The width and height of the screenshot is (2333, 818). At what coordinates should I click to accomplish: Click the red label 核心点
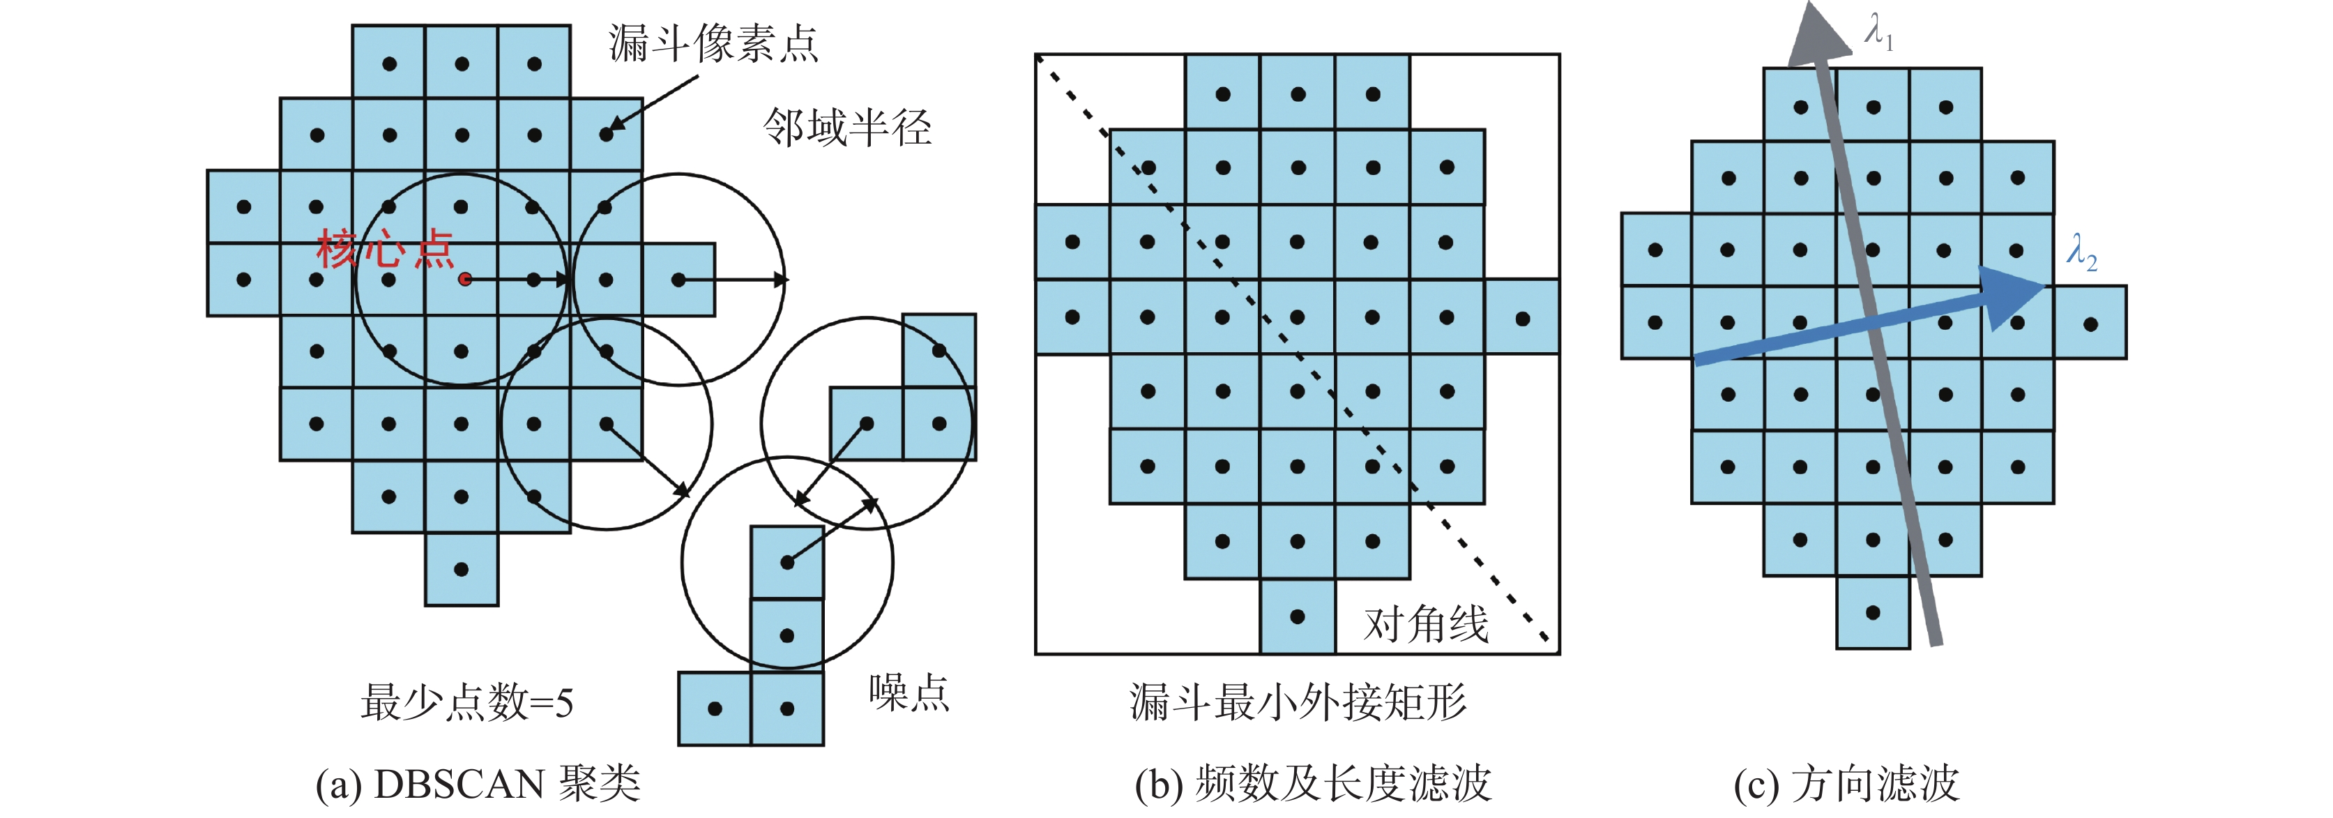[x=385, y=248]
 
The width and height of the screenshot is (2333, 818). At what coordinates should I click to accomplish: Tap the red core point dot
[x=464, y=279]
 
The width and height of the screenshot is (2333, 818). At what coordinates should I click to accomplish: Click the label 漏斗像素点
[x=713, y=43]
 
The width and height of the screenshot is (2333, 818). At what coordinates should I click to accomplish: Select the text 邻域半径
[x=846, y=127]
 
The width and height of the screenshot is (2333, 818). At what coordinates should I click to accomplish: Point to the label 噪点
[x=909, y=693]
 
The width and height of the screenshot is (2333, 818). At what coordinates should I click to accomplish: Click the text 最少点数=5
[x=466, y=702]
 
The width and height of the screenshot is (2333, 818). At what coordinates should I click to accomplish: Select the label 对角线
[x=1427, y=624]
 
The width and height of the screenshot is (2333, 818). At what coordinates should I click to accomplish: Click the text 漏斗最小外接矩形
[x=1298, y=702]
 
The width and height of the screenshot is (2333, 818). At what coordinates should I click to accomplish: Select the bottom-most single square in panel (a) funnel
[x=462, y=569]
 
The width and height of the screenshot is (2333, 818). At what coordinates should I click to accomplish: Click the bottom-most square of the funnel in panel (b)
[x=1298, y=616]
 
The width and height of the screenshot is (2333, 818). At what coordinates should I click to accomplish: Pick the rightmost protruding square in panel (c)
[x=2090, y=322]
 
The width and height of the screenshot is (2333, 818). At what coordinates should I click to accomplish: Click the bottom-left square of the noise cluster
[x=715, y=709]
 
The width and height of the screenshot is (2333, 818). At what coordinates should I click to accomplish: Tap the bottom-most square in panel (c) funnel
[x=1873, y=612]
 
